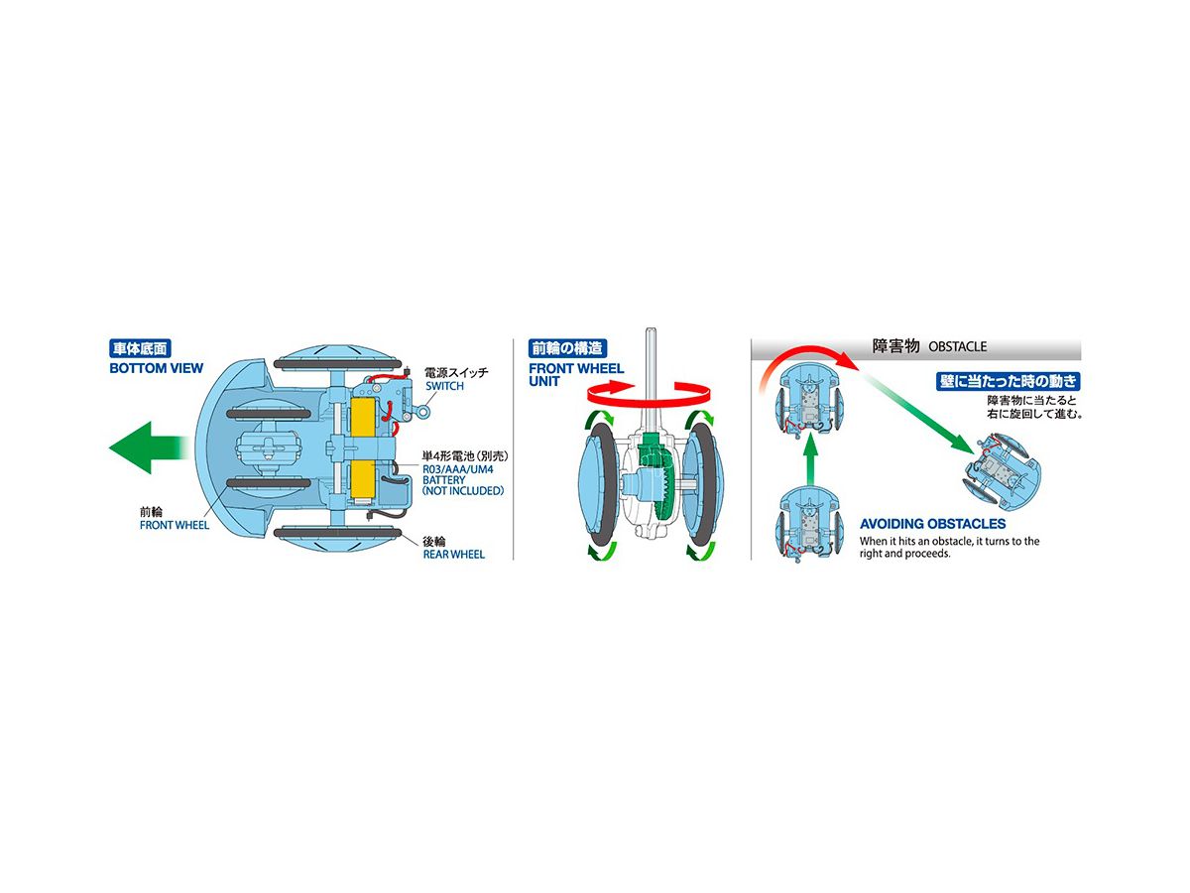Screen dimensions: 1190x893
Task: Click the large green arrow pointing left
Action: (150, 447)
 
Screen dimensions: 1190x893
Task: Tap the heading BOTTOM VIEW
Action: (156, 368)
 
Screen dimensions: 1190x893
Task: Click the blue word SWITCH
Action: (444, 386)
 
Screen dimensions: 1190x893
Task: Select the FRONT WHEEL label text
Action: (174, 525)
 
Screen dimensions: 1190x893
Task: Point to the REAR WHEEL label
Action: (454, 554)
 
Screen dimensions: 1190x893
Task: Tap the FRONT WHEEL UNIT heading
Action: (576, 375)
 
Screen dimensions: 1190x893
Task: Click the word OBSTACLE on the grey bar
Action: (957, 346)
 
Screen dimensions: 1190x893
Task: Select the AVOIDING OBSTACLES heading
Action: (932, 524)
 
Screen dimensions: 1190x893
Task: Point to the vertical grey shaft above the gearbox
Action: (651, 380)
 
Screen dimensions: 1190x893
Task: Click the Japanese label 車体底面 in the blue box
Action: (140, 348)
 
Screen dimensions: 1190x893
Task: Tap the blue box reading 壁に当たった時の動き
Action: (1008, 381)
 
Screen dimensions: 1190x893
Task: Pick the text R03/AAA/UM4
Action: (458, 469)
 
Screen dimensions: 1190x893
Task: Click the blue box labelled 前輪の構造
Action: (567, 348)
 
